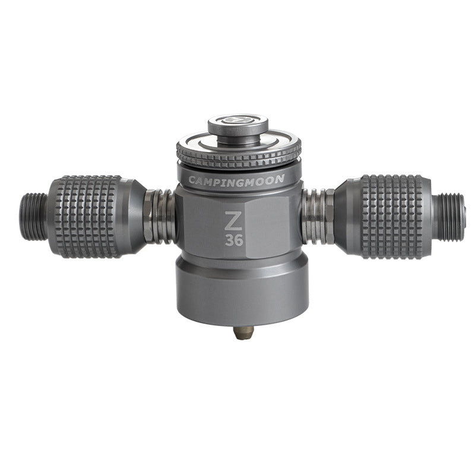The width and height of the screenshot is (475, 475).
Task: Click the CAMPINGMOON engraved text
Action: pos(236,179)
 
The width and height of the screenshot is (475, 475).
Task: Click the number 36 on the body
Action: pos(233,240)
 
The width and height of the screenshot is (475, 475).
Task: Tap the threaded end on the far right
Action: pos(451,217)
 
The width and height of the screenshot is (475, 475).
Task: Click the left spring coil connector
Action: pos(160,217)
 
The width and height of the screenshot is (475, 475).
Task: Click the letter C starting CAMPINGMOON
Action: pos(191,180)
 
